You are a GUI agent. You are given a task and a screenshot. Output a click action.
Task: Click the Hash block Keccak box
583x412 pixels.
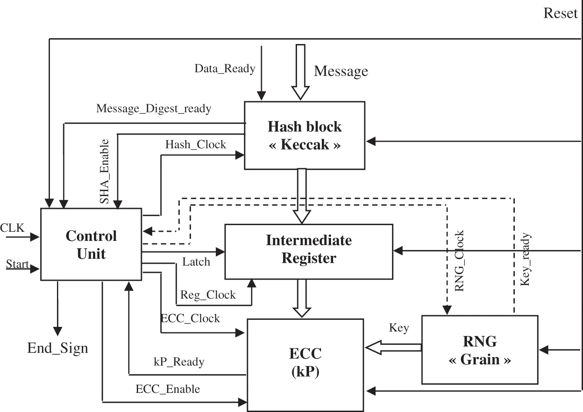tap(304, 135)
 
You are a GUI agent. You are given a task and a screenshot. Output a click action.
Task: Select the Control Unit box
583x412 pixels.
tap(91, 245)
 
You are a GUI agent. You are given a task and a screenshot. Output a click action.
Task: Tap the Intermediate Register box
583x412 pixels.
tap(309, 251)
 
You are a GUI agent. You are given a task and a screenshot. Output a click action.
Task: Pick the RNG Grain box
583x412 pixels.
tap(479, 350)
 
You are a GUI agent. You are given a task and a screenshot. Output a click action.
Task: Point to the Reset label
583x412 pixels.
tap(560, 13)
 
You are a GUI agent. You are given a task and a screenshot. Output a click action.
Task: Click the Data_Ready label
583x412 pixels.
tap(225, 69)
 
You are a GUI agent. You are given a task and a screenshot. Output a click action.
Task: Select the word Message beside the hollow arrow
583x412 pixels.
tap(341, 71)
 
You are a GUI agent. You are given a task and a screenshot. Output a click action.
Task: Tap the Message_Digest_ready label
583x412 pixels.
tap(153, 108)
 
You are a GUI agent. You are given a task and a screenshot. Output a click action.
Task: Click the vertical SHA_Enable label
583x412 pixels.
tap(104, 172)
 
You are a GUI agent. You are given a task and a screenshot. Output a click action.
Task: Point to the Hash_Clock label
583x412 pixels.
tap(195, 145)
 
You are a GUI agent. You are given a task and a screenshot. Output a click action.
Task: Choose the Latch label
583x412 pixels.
tap(196, 262)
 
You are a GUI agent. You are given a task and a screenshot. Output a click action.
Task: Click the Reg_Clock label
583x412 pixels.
tap(208, 295)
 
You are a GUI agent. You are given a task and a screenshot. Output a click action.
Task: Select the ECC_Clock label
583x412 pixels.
tap(190, 319)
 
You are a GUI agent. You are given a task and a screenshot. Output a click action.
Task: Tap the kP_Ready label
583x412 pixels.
tap(179, 362)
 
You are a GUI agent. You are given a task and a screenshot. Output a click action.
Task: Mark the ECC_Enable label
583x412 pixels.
tap(168, 389)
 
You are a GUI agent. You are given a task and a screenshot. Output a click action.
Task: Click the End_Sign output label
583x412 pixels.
tap(58, 348)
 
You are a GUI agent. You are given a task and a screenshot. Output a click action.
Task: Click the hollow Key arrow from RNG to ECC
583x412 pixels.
tap(393, 348)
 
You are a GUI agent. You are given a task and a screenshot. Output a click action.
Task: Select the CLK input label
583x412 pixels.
tap(12, 228)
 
